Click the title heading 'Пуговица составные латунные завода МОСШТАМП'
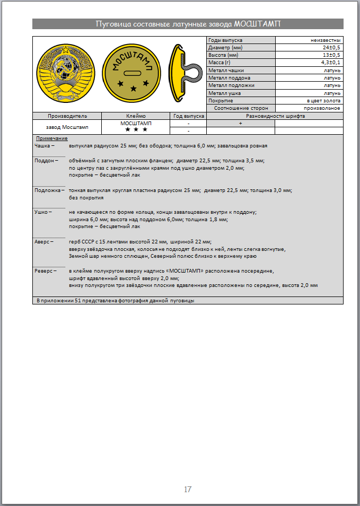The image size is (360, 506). [x=188, y=24]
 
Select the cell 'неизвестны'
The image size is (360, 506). [x=326, y=40]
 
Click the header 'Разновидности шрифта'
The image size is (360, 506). [x=275, y=116]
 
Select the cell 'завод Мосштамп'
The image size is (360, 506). [x=67, y=127]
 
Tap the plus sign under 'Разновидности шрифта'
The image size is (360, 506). [x=240, y=123]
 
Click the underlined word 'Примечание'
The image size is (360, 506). [x=52, y=138]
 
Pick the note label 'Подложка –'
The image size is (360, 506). [x=49, y=190]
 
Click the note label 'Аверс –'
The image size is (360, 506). [x=45, y=241]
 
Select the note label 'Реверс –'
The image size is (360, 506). [x=46, y=271]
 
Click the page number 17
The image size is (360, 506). [x=188, y=489]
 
